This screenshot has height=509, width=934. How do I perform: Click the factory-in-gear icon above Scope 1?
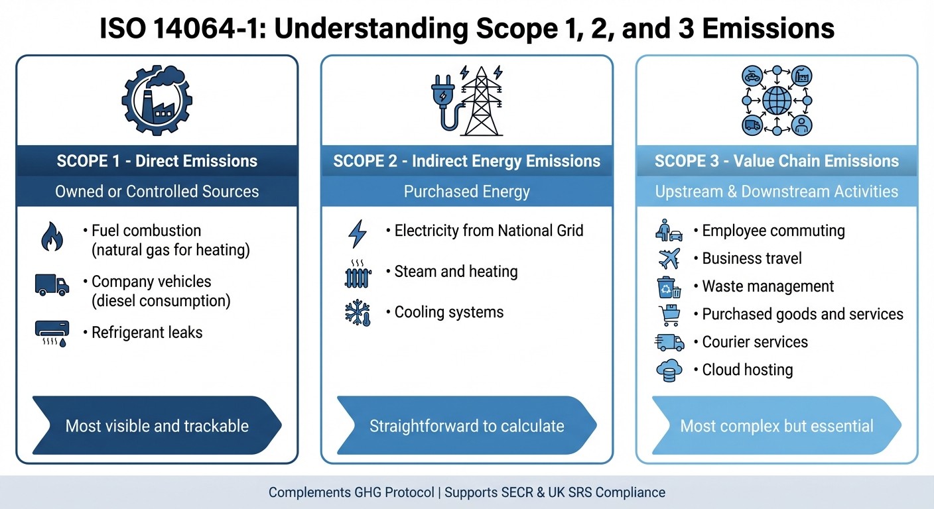pyautogui.click(x=157, y=100)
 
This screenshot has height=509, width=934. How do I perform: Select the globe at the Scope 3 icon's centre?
pyautogui.click(x=777, y=101)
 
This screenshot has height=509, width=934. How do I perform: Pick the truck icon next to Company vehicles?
pyautogui.click(x=52, y=286)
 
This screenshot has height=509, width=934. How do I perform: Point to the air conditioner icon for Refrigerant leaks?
pyautogui.click(x=52, y=333)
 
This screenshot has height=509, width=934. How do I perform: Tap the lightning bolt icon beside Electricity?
pyautogui.click(x=358, y=233)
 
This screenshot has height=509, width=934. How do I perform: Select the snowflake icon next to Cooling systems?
pyautogui.click(x=358, y=313)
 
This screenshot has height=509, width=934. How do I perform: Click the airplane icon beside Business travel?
pyautogui.click(x=669, y=258)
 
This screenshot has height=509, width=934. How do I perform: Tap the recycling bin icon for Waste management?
pyautogui.click(x=669, y=287)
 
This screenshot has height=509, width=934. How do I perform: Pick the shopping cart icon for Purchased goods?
pyautogui.click(x=669, y=315)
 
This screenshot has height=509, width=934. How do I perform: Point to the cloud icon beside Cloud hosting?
pyautogui.click(x=669, y=370)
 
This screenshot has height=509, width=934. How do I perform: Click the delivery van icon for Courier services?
pyautogui.click(x=669, y=342)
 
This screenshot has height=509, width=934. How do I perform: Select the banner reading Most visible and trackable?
pyautogui.click(x=157, y=425)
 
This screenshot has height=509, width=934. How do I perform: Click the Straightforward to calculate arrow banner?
pyautogui.click(x=466, y=425)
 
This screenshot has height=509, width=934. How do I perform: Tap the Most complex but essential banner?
pyautogui.click(x=776, y=425)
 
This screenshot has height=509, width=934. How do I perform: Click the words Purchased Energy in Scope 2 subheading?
pyautogui.click(x=466, y=192)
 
